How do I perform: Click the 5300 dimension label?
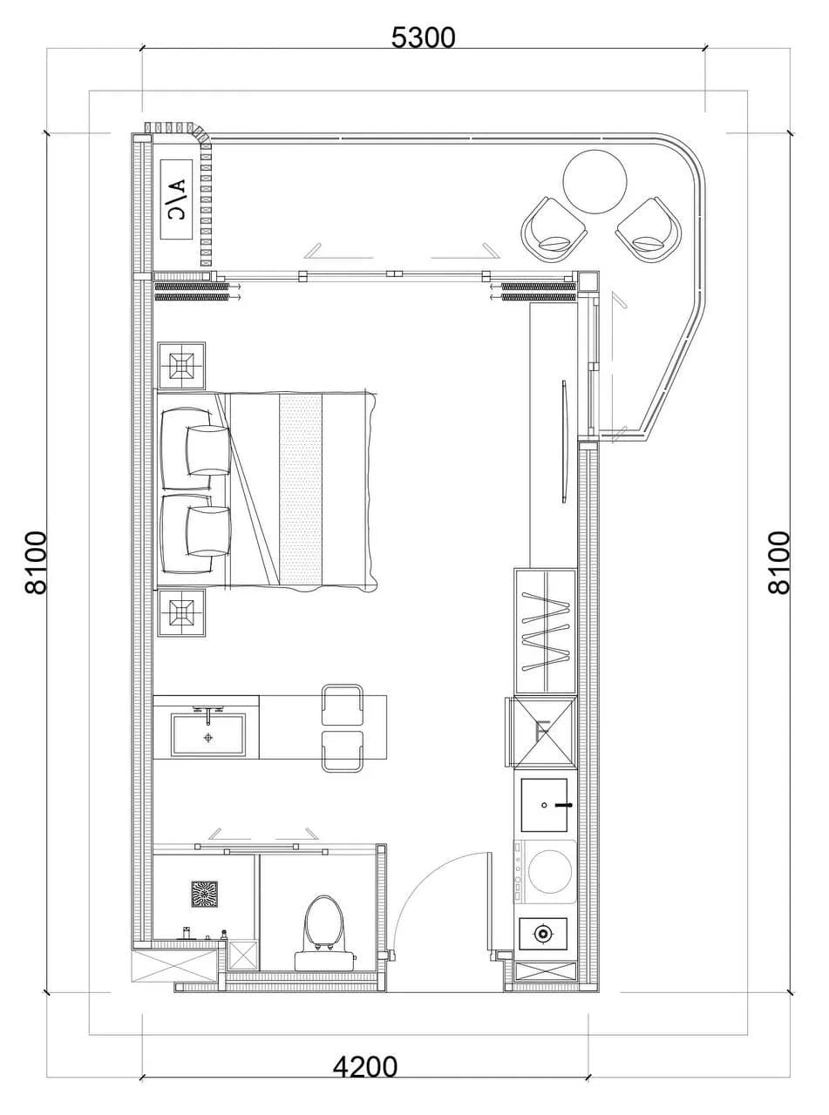(423, 37)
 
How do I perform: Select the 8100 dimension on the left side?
(37, 563)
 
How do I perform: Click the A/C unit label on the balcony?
(177, 199)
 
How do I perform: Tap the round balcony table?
(595, 181)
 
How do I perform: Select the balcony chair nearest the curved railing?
(649, 229)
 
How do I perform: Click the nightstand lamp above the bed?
(181, 366)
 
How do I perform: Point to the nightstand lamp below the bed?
(181, 613)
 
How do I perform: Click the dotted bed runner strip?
(301, 490)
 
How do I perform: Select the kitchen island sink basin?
(208, 735)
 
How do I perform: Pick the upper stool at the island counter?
(342, 705)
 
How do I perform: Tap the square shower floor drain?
(204, 895)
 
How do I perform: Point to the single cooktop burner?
(542, 934)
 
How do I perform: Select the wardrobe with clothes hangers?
(545, 632)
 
